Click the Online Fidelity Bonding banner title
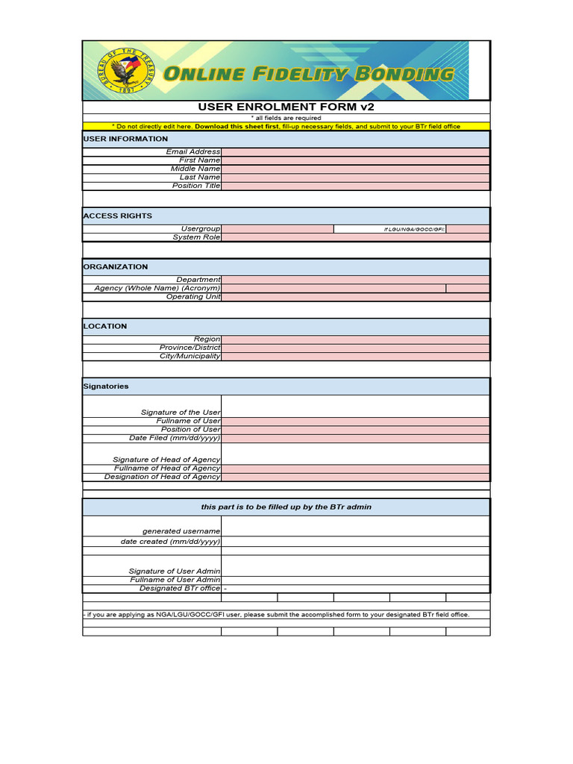point(308,73)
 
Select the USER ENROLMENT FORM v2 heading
point(286,107)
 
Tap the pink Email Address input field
point(355,151)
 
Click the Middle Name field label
point(195,169)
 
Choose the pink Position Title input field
point(355,186)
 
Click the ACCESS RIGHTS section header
point(118,216)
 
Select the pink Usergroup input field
point(278,229)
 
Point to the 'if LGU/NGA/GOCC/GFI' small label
point(414,229)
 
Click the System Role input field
point(355,237)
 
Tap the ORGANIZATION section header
point(116,266)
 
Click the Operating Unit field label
point(194,297)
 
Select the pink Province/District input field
point(355,348)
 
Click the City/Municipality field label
point(190,356)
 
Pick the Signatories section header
point(106,386)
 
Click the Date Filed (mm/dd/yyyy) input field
point(355,438)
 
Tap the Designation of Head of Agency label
point(163,477)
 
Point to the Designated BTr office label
point(180,588)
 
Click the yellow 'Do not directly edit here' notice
point(286,127)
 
